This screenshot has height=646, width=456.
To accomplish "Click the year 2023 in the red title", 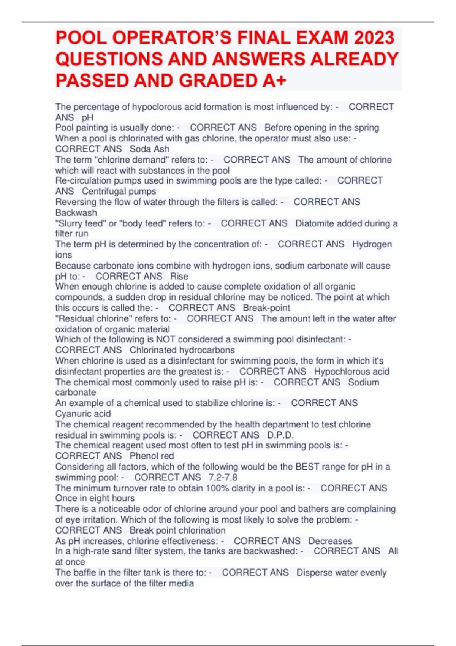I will (x=373, y=38).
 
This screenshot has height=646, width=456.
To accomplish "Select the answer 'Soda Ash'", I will (x=149, y=149).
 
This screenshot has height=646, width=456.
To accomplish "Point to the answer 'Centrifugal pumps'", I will (x=119, y=191).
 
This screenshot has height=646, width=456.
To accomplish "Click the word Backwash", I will (x=76, y=212).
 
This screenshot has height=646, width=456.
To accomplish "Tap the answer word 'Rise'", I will (x=179, y=276).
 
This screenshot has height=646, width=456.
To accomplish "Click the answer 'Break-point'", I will (x=266, y=308).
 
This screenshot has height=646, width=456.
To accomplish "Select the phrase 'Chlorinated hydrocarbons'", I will (x=182, y=350).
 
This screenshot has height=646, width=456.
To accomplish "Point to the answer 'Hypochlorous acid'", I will (x=351, y=371).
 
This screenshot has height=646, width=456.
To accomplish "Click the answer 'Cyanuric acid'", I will (x=83, y=413).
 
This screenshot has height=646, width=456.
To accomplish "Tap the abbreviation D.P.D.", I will (x=280, y=435).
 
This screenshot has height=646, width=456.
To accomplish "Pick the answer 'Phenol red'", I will (x=152, y=456).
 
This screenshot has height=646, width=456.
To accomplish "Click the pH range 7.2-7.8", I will (x=223, y=477).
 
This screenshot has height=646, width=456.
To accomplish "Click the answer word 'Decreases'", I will (x=330, y=541).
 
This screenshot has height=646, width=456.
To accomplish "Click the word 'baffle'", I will (x=87, y=572).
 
